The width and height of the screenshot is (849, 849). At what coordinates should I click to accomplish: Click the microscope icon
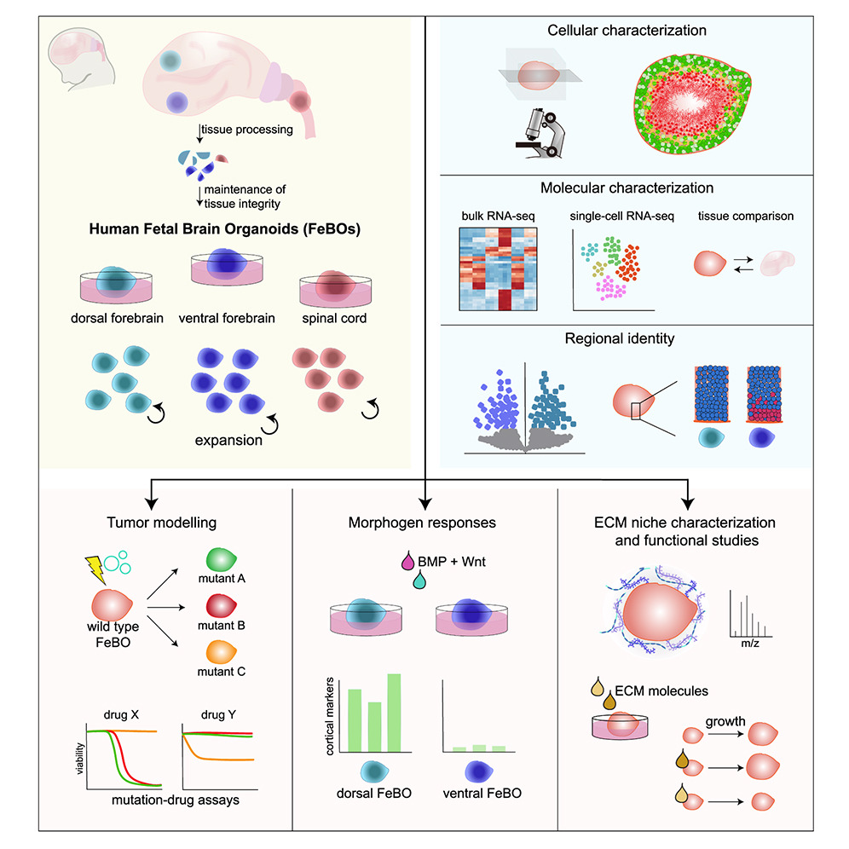coord(540,133)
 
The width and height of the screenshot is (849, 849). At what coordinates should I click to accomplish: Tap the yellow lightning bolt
coord(95,569)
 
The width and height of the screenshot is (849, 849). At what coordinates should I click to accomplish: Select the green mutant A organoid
coord(221,560)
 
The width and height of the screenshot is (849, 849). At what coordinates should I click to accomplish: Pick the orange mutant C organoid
coord(221,652)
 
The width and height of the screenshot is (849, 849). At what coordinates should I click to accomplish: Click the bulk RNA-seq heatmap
coord(498,269)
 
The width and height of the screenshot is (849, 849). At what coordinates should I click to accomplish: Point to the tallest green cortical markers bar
coord(394,713)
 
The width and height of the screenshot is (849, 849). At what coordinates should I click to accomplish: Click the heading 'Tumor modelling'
coord(161,523)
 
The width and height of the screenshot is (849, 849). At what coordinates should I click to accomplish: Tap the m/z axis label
coord(750,644)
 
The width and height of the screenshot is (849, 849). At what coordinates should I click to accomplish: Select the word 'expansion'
coord(228,440)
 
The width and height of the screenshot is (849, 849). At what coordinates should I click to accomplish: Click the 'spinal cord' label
coord(334,319)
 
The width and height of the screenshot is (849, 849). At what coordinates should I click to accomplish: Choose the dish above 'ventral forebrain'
coord(227,267)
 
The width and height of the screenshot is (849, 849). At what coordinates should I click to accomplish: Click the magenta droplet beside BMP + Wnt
coord(407,560)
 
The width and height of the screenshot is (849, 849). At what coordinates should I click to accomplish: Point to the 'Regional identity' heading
coord(620,339)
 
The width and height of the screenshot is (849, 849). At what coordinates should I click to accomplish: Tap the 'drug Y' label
coord(218,714)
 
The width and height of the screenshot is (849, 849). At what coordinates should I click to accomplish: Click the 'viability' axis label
coord(80,758)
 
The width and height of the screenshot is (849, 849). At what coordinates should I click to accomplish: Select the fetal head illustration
coord(81,59)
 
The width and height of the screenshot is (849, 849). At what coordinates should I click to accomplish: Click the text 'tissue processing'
coord(247,130)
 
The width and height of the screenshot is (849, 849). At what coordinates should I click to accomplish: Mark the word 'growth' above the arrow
coord(725,722)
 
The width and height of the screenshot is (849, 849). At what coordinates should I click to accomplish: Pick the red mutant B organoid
coord(221,606)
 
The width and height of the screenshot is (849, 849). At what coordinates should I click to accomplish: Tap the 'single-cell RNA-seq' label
coord(621,216)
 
